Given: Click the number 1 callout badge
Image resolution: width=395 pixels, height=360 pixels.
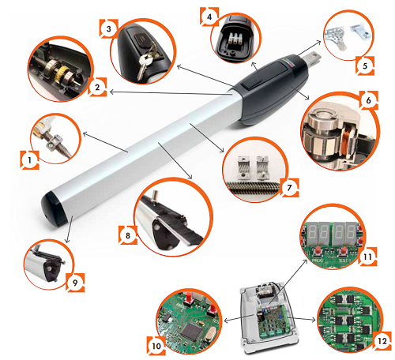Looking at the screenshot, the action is pos(30,160).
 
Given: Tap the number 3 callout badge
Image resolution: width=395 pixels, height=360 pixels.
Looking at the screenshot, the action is pos(109,28).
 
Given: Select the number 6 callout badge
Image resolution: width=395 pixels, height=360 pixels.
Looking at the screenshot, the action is pos(368,100).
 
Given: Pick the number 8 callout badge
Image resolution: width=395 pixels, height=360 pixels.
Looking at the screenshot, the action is pos(128,235).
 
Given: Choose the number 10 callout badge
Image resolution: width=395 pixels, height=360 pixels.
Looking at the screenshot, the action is pos(156,346).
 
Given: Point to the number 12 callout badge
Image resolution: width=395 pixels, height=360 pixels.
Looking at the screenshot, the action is pos(382,341).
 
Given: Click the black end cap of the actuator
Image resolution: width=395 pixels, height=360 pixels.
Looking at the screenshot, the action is pos(54,208).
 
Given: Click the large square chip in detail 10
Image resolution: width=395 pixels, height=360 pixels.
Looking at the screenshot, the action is pos(194,331).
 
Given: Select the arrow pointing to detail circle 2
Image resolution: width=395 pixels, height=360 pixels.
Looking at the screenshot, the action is pos(169,93).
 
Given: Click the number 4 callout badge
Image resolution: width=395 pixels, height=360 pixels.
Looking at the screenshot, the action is pos(209,17).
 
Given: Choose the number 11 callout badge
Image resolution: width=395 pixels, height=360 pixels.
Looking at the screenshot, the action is pos(367,257).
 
